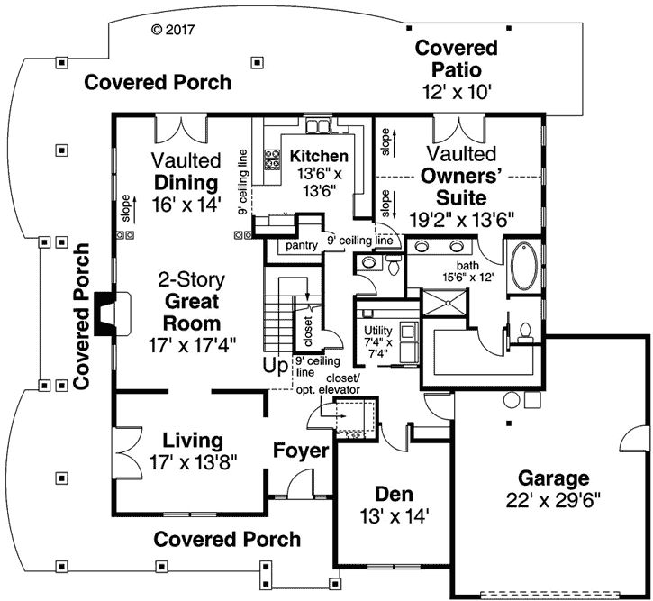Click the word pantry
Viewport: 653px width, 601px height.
[x=300, y=244]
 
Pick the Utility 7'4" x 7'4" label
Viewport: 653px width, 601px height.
[x=376, y=341]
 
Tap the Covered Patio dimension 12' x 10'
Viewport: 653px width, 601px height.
[x=456, y=92]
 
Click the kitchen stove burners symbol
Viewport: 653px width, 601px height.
[x=271, y=160]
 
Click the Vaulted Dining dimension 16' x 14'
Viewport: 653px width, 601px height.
[x=186, y=204]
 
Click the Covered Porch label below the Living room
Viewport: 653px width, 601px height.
[x=227, y=540]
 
